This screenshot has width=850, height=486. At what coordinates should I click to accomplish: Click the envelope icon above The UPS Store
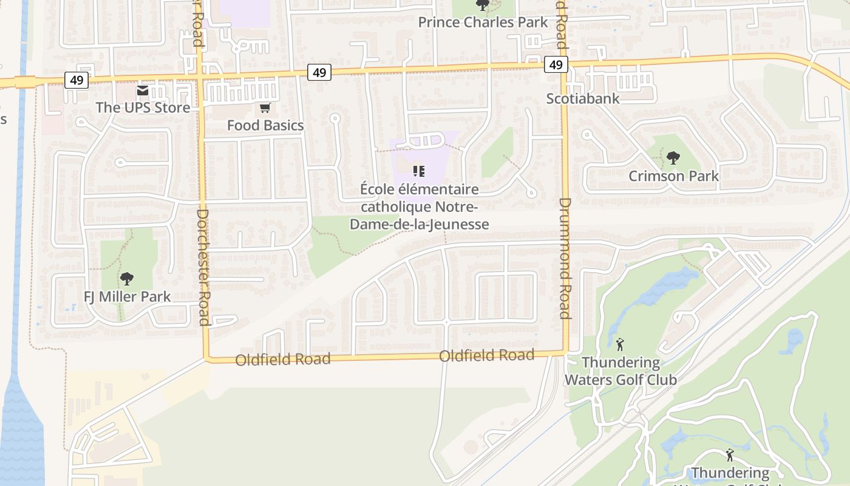coord(143,91)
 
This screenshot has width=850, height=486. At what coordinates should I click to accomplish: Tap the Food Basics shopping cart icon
coord(265,108)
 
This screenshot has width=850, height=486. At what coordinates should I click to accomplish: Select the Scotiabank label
coord(583,98)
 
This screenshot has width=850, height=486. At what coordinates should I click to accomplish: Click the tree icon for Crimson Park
coord(673,159)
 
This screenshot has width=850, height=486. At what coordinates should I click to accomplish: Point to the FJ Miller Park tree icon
coord(127,279)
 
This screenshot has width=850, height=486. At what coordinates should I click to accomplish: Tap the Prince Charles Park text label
coord(483,22)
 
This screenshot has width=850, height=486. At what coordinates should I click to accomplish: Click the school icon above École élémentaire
coord(418,171)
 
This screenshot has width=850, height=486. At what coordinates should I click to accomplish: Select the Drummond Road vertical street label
coord(565,258)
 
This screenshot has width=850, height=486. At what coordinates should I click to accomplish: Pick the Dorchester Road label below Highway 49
coord(203,267)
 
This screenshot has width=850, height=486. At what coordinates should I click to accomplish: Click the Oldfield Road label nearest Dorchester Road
coord(283,359)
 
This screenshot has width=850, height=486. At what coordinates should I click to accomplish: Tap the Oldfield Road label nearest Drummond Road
coord(486,355)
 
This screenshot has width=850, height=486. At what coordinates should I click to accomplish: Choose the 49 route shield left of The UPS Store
coord(77,80)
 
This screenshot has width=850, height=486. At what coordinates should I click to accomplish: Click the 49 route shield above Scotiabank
coord(556,64)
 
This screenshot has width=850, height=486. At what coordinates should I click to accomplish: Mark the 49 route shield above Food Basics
coord(319,72)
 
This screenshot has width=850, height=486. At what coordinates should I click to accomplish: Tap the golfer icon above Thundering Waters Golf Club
coord(620,345)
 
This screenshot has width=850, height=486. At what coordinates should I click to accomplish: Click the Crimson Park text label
coord(673,176)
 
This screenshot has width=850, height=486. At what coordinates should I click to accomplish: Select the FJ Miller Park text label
coord(127,297)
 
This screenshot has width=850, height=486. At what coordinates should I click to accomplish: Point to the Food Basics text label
coord(265,125)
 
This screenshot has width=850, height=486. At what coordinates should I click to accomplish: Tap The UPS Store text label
coord(143,108)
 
